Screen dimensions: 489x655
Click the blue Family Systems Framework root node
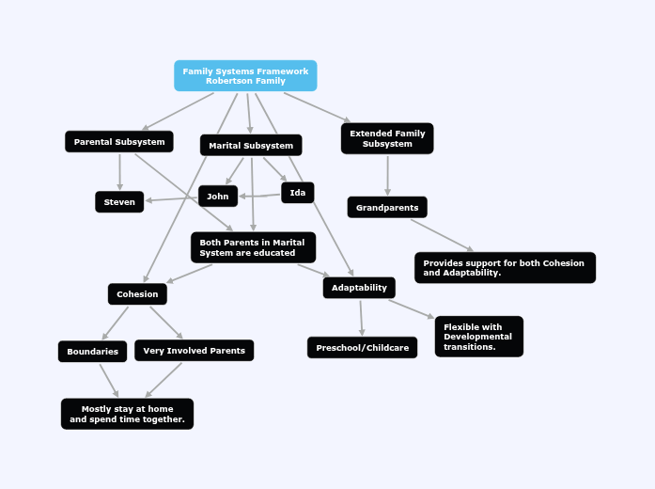(x=245, y=75)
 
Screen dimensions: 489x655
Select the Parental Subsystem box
(x=119, y=142)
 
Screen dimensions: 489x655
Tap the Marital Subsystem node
(x=251, y=146)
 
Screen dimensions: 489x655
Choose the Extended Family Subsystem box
(x=387, y=138)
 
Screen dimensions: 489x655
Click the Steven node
(x=119, y=202)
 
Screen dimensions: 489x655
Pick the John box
(x=218, y=196)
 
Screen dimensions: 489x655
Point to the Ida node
(x=298, y=193)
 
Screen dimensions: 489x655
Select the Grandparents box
(x=387, y=208)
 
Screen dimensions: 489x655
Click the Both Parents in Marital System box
(x=253, y=247)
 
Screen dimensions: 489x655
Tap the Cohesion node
(x=137, y=294)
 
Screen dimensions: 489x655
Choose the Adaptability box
(x=359, y=288)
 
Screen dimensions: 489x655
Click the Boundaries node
(x=92, y=352)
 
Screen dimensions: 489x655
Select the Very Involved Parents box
(x=194, y=351)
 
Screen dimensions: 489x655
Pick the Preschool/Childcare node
(x=362, y=348)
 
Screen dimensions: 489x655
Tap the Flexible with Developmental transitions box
(x=478, y=337)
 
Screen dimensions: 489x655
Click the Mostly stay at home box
(x=127, y=414)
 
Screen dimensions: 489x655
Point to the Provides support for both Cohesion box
(x=505, y=268)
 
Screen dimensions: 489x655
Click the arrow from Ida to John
(x=259, y=195)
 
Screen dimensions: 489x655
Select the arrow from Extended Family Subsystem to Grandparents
(x=387, y=175)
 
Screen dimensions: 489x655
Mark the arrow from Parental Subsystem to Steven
(x=119, y=171)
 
